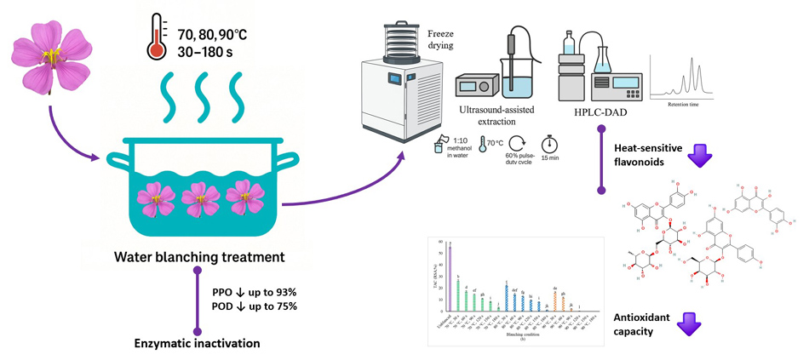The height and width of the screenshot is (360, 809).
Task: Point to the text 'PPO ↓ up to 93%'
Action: pyautogui.click(x=255, y=292)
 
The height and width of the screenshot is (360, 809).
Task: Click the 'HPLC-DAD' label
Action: pyautogui.click(x=604, y=112)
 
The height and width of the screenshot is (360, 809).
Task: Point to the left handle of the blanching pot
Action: pyautogui.click(x=117, y=160)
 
